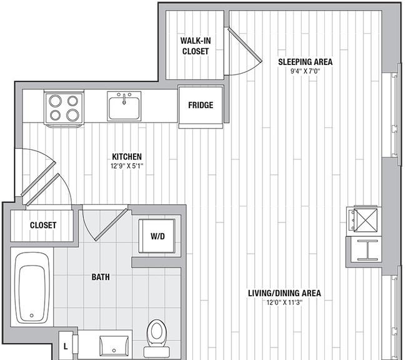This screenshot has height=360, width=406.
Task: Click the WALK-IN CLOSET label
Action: (196, 46)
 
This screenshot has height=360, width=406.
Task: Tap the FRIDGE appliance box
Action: (201, 107)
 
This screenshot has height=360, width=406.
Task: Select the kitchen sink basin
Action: (124, 106)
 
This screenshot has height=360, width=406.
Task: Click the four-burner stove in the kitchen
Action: (64, 108)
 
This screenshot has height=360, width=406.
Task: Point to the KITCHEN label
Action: (127, 156)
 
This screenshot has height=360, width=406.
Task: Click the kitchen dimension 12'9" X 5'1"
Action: (127, 166)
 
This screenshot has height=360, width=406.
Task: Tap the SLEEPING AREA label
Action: (305, 62)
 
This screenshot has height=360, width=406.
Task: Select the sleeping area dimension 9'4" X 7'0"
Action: (305, 71)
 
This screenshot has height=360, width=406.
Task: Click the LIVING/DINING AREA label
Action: (285, 293)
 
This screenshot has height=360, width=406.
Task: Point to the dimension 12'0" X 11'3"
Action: (285, 302)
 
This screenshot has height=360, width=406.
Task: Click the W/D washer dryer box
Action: (157, 236)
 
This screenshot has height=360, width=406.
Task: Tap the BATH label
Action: (101, 277)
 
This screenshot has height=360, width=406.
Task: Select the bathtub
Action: (32, 287)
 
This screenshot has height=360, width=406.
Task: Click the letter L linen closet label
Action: (66, 346)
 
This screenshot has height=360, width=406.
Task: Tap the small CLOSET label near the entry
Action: (43, 225)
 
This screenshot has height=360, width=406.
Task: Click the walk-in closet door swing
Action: (244, 52)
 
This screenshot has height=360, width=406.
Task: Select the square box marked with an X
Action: (365, 220)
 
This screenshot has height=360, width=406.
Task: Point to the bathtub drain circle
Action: (32, 316)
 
